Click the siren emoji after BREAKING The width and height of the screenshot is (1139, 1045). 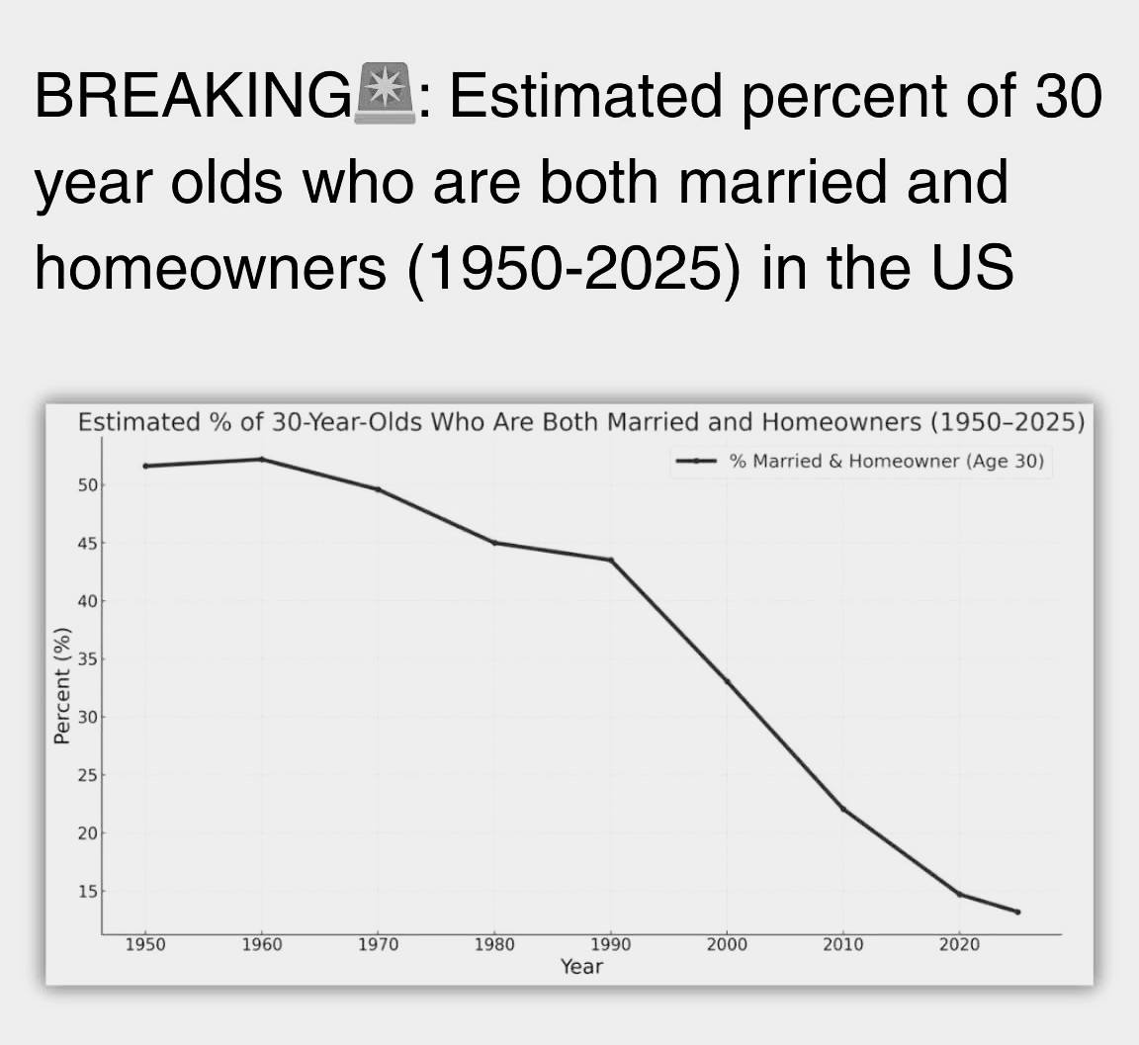click(385, 94)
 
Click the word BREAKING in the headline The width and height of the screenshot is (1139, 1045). click(193, 95)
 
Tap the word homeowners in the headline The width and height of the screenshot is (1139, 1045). click(211, 267)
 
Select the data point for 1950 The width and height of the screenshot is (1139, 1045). click(146, 466)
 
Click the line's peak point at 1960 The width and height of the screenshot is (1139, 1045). click(262, 459)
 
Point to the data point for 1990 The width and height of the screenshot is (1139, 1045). click(611, 560)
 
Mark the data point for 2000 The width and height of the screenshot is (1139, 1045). click(727, 681)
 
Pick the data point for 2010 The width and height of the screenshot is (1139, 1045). click(843, 809)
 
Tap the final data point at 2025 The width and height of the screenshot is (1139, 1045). click(1017, 913)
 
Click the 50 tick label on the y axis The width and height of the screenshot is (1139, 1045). click(87, 485)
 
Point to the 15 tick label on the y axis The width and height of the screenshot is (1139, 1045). click(87, 891)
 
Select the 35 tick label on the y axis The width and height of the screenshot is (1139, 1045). click(87, 659)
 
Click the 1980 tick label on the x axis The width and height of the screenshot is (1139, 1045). click(494, 945)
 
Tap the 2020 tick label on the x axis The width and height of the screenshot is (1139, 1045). click(960, 945)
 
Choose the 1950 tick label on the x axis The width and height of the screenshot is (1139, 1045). click(146, 945)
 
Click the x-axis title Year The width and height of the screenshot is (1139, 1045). click(581, 967)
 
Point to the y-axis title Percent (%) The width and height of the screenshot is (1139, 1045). click(62, 685)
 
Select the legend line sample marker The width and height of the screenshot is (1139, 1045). click(697, 461)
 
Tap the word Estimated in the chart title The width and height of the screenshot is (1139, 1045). click(138, 422)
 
